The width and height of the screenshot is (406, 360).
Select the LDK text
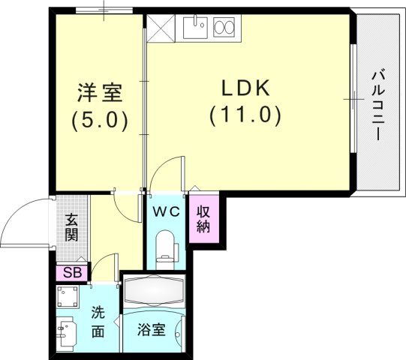(245, 88)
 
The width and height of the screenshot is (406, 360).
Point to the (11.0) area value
(245, 115)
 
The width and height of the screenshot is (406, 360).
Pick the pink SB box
(72, 272)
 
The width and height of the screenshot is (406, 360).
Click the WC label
(166, 211)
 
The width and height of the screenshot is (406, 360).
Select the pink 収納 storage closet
(203, 218)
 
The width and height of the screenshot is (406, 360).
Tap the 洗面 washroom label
(98, 321)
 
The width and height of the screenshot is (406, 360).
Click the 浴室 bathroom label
(152, 329)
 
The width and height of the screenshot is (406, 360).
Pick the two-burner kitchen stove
(225, 28)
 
